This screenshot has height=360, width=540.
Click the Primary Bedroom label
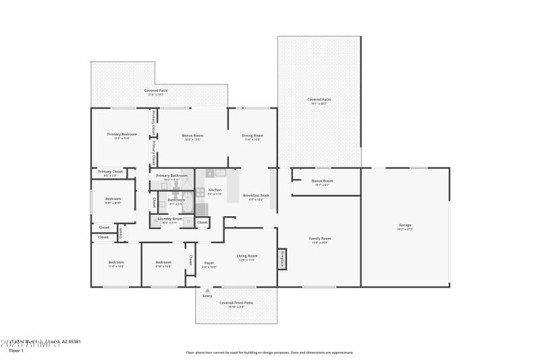[x=122, y=134]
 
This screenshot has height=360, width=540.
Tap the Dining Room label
[x=252, y=136]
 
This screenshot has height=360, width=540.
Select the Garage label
[x=405, y=225]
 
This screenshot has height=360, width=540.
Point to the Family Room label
[x=320, y=238]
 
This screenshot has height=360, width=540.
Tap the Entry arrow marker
[x=207, y=291]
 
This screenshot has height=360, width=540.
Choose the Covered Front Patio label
[x=236, y=303]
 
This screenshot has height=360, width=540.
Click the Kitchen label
[x=215, y=190]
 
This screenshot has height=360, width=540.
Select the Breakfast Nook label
[x=256, y=195]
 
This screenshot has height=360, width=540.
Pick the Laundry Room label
[x=169, y=219]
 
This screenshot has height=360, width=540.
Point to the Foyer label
[x=209, y=263]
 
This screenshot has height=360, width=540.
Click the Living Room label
[x=247, y=256]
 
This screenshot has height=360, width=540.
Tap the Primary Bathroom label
[x=171, y=176]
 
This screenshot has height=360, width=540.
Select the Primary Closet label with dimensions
[x=110, y=172]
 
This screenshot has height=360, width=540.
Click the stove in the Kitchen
[x=200, y=192]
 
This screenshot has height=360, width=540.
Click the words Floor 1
[x=16, y=351]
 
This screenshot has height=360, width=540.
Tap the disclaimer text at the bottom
[x=269, y=352]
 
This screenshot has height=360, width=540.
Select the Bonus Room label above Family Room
[x=322, y=181]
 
